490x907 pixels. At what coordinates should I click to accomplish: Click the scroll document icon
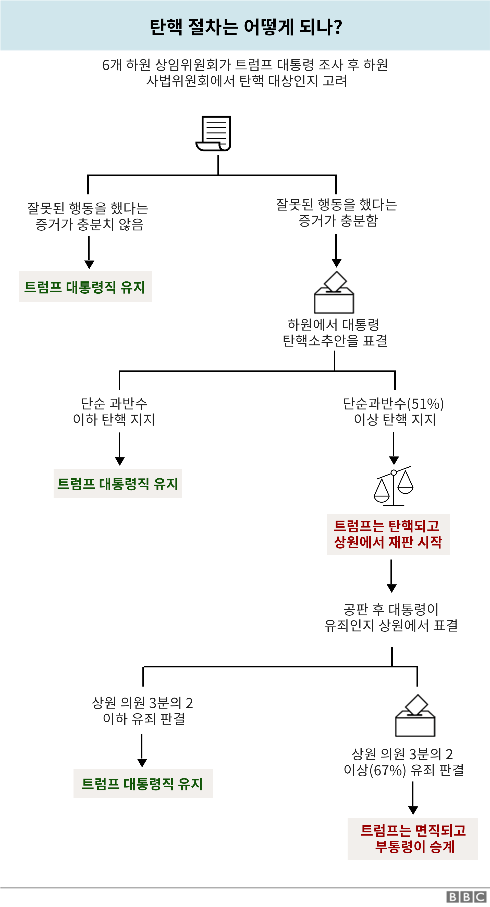(x=213, y=133)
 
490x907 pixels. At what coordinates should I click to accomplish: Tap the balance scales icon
(x=394, y=486)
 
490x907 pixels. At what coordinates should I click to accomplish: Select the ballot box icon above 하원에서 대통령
(x=334, y=293)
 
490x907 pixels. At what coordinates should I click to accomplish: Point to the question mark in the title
(x=338, y=27)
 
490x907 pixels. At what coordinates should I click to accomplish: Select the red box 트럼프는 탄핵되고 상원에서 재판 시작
(x=388, y=535)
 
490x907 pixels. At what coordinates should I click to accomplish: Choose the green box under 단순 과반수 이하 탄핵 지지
(x=118, y=484)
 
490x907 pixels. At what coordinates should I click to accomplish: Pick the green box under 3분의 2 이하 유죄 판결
(x=143, y=784)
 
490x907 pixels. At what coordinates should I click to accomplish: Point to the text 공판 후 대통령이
(x=391, y=609)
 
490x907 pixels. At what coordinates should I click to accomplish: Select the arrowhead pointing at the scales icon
(x=394, y=461)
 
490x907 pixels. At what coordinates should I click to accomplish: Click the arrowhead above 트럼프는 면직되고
(x=413, y=811)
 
